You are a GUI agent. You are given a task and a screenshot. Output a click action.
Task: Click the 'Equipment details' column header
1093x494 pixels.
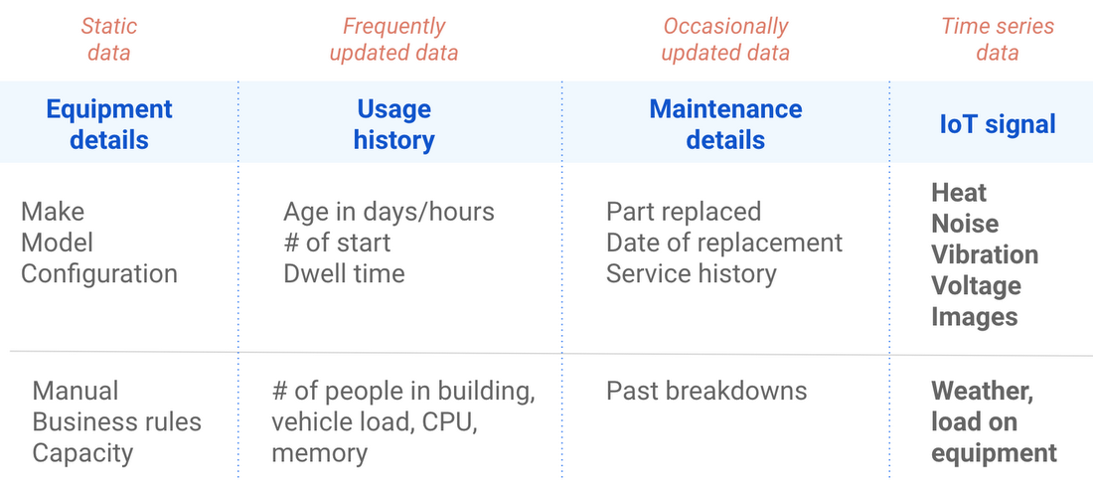click(x=109, y=124)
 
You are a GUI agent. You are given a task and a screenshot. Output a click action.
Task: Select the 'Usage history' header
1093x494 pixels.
click(x=393, y=124)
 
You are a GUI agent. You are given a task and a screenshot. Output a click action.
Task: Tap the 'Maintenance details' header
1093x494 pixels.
click(x=725, y=124)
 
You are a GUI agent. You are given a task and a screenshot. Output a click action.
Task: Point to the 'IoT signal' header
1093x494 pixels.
click(x=997, y=124)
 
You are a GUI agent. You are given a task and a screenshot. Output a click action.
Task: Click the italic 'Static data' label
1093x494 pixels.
click(x=108, y=39)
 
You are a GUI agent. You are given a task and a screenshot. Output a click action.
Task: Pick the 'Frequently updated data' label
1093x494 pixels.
click(x=393, y=39)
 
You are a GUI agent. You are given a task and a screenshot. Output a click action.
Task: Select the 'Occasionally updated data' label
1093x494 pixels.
click(x=725, y=39)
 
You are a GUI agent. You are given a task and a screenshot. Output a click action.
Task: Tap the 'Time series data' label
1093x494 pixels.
click(x=997, y=39)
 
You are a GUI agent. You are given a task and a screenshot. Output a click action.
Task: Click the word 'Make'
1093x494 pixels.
click(x=53, y=212)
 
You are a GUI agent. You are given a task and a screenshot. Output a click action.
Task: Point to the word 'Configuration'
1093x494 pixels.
click(x=99, y=273)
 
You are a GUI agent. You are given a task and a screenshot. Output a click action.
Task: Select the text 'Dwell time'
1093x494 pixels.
click(x=344, y=273)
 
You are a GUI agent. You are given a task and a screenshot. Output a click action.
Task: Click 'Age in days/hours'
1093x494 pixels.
click(x=389, y=212)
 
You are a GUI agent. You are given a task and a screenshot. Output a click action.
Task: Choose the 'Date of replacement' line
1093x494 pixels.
click(x=724, y=243)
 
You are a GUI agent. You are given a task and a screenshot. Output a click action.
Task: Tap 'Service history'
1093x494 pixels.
click(x=691, y=273)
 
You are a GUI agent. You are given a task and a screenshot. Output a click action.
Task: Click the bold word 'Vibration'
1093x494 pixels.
click(x=985, y=254)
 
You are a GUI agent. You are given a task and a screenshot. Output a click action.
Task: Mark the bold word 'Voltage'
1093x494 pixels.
click(x=975, y=286)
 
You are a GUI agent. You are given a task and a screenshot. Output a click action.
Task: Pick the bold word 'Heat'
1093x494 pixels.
click(x=959, y=193)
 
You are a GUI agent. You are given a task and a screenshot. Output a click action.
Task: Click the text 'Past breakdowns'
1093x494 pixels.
click(x=706, y=391)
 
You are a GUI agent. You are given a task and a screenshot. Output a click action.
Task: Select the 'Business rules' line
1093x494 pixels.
click(x=117, y=421)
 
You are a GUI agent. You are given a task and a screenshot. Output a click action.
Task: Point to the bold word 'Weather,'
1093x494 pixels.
click(x=982, y=391)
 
